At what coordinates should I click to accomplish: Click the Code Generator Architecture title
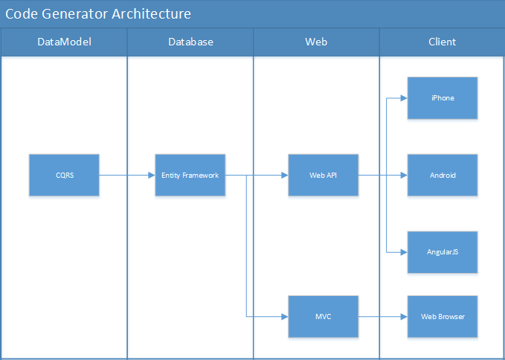(97, 14)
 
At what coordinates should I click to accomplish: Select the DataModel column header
(64, 42)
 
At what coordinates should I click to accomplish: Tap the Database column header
(190, 42)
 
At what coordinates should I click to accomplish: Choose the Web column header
(316, 42)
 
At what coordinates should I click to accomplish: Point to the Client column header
(442, 42)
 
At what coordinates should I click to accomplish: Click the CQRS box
(64, 176)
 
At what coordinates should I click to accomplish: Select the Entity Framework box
(190, 176)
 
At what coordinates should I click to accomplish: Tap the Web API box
(324, 176)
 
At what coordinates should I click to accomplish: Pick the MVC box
(324, 317)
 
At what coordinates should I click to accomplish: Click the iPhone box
(443, 98)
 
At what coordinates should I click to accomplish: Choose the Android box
(443, 176)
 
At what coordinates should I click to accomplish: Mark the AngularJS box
(443, 253)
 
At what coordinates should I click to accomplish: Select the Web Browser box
(443, 317)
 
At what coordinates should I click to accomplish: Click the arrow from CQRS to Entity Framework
(126, 176)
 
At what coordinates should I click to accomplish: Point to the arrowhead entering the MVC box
(285, 317)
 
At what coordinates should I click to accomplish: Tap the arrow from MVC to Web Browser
(382, 317)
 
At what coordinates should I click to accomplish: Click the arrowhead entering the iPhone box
(404, 98)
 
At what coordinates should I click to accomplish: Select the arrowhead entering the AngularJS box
(404, 253)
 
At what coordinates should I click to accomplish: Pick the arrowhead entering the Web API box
(285, 176)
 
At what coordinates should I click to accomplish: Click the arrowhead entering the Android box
(404, 176)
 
